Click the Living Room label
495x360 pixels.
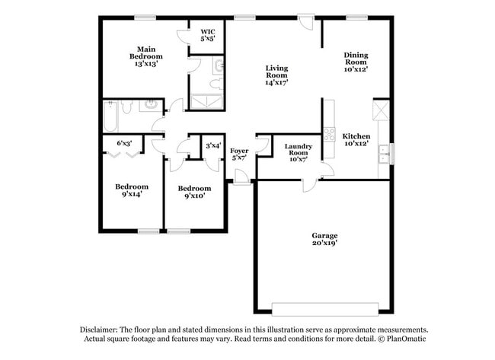[x=276, y=76]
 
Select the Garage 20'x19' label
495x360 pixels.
[x=324, y=240]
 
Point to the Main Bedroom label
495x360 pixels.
[x=145, y=56]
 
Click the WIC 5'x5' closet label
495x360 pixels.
[x=208, y=34]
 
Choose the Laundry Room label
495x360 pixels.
[x=298, y=152]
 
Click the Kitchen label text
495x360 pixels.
[x=356, y=140]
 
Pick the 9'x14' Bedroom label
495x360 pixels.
[x=132, y=190]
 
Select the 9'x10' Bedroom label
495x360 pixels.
[x=194, y=192]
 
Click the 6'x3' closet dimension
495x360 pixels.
[x=123, y=142]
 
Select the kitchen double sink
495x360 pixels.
[x=383, y=153]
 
